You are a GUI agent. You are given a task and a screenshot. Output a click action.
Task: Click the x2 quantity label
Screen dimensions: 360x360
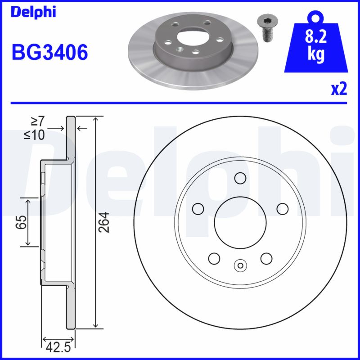(x=339, y=90)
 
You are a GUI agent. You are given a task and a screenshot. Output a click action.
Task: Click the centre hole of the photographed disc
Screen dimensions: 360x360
(x=191, y=36)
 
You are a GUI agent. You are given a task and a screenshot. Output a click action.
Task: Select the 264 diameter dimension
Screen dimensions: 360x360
(x=104, y=222)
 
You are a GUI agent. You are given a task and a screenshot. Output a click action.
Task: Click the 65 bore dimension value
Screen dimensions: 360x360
(x=20, y=222)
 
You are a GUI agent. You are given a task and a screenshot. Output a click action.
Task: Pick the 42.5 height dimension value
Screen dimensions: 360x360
(x=58, y=346)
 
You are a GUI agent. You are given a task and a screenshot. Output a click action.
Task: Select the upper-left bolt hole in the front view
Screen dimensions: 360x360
(x=198, y=208)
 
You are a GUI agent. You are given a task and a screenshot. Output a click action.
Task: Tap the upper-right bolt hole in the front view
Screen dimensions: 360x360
(x=282, y=208)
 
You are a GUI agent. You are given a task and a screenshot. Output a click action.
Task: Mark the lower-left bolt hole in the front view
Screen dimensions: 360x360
(x=214, y=258)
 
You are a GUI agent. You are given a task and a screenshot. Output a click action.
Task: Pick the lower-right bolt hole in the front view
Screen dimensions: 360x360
(x=266, y=258)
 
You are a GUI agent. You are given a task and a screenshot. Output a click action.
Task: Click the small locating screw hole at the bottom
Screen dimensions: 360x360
(x=240, y=265)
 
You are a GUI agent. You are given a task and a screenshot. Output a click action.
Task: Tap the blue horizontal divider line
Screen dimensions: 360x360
(x=180, y=103)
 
